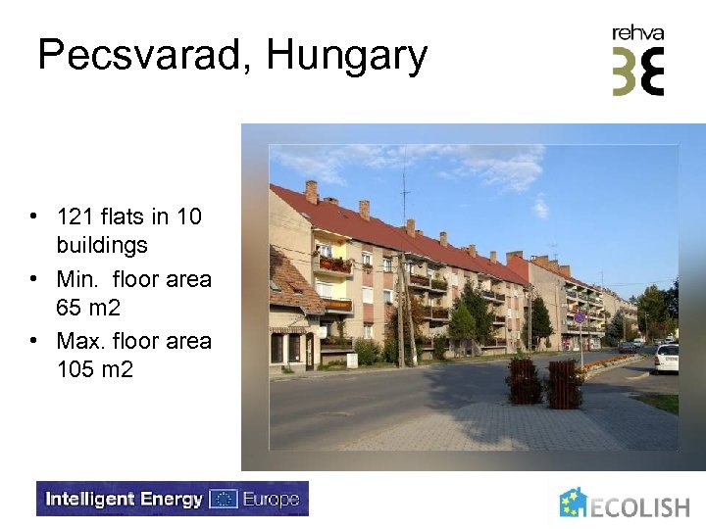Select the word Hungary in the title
[347, 55]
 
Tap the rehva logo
[638, 61]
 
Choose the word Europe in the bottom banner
[270, 499]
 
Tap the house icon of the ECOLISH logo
[574, 503]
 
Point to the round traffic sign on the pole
[580, 316]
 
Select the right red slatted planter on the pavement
[565, 384]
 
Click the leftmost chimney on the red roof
[311, 190]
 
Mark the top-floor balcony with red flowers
[333, 264]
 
